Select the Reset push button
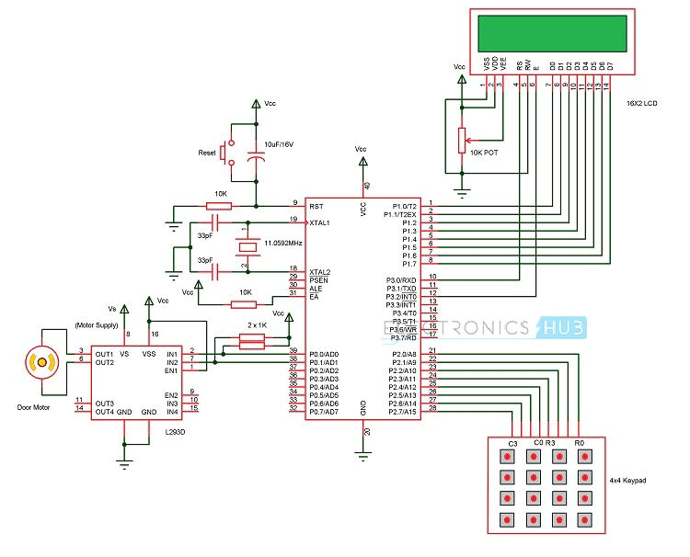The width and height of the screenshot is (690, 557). (x=231, y=153)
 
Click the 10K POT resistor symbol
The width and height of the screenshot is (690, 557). (x=461, y=139)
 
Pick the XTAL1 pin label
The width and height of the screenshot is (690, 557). (x=320, y=222)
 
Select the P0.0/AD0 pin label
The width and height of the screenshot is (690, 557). (x=325, y=354)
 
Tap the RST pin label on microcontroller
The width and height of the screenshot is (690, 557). (x=316, y=206)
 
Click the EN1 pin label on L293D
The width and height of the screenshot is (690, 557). (x=172, y=369)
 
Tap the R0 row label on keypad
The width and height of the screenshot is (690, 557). (x=580, y=443)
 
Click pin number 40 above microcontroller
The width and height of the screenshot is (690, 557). (x=367, y=186)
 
